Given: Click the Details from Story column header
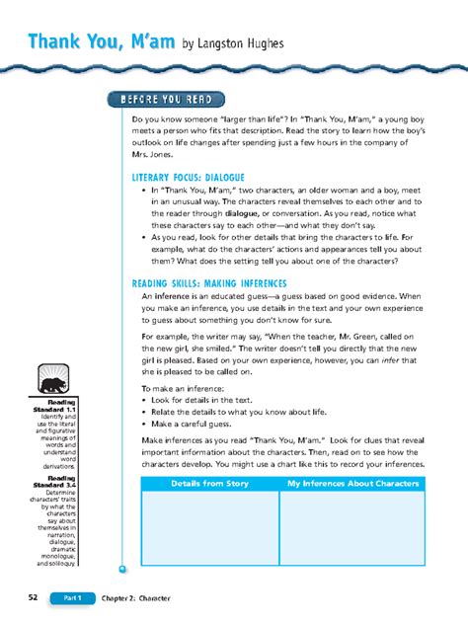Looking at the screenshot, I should point(209,484).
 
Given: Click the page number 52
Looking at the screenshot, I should point(34,598).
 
